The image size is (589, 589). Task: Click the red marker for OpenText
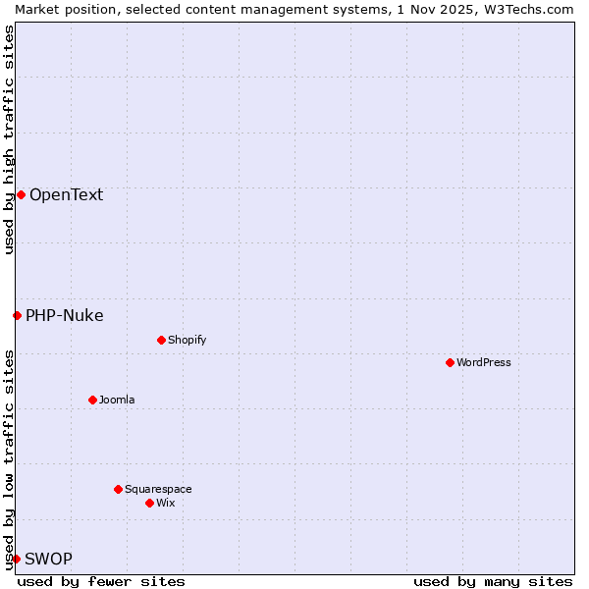[x=21, y=194]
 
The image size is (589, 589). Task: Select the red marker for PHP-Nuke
[x=17, y=315]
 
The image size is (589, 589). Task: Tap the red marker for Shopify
[x=161, y=340]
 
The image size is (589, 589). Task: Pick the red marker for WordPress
[x=450, y=362]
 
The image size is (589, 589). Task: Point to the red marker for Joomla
[x=92, y=400]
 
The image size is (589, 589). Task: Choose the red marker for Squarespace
[x=118, y=489]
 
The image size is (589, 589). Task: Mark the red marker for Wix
[x=149, y=503]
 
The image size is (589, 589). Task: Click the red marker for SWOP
[x=16, y=559]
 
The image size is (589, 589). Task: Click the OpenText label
[x=66, y=194]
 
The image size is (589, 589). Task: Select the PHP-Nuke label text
[x=65, y=315]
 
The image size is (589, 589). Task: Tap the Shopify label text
[x=187, y=340]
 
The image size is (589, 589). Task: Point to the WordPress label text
[x=484, y=362]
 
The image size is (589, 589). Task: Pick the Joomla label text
[x=117, y=400]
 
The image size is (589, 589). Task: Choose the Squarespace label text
[x=158, y=489]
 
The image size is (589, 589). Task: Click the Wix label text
[x=165, y=503]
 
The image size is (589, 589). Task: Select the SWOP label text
[x=48, y=559]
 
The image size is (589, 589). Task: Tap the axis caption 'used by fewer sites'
[x=101, y=581]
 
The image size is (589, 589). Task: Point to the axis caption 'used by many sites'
[x=493, y=581]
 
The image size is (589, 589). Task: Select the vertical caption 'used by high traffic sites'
[x=9, y=139]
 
